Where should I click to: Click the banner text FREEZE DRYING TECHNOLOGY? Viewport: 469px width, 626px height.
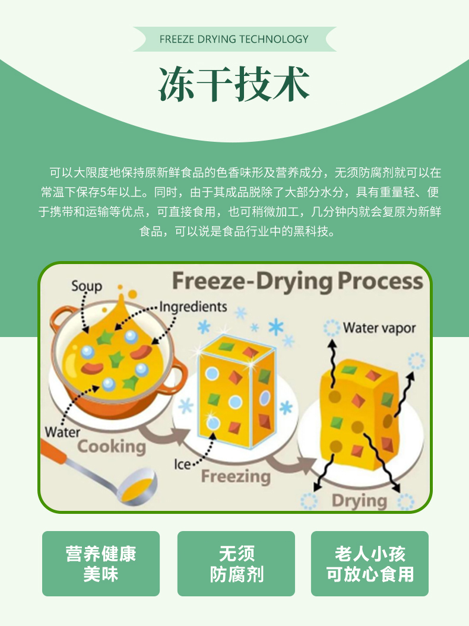click(234, 39)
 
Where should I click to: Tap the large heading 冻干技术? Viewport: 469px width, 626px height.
click(234, 84)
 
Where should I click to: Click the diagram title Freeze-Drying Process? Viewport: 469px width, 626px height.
click(297, 281)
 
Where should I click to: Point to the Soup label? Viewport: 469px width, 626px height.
click(87, 286)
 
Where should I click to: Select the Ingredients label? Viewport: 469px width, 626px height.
click(193, 307)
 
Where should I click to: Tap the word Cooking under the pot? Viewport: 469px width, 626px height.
click(111, 446)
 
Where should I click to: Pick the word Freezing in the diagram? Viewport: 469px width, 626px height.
click(235, 476)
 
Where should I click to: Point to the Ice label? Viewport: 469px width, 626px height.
click(183, 463)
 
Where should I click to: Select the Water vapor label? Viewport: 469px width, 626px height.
click(379, 328)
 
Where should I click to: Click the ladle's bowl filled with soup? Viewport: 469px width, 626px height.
click(137, 485)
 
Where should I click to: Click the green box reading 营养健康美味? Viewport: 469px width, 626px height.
click(101, 564)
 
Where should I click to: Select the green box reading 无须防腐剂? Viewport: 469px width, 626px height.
click(236, 564)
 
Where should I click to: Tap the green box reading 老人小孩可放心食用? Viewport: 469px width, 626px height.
click(370, 564)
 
